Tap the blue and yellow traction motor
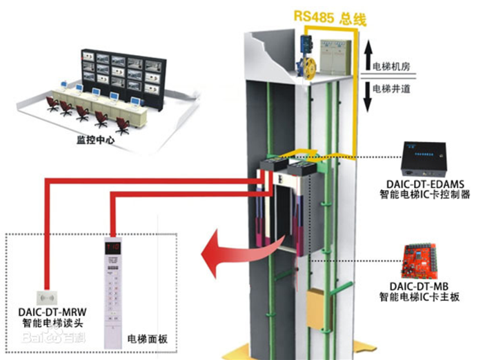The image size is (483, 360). pyautogui.click(x=305, y=59)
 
